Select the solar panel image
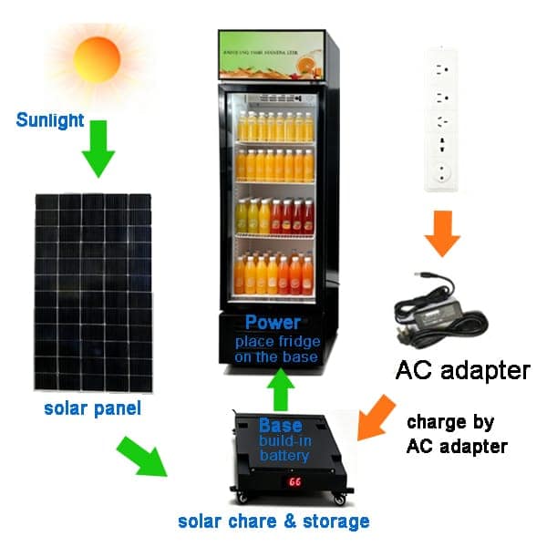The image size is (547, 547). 93,292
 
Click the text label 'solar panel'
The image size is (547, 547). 92,408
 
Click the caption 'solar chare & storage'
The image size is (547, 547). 273,521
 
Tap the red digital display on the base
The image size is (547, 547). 294,480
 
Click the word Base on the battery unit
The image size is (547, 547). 280,426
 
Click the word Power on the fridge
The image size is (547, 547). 273,322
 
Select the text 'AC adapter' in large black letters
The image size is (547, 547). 462,371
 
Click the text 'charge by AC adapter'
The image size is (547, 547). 456,435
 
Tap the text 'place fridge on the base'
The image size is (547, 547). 276,349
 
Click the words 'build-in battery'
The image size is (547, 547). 284,449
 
